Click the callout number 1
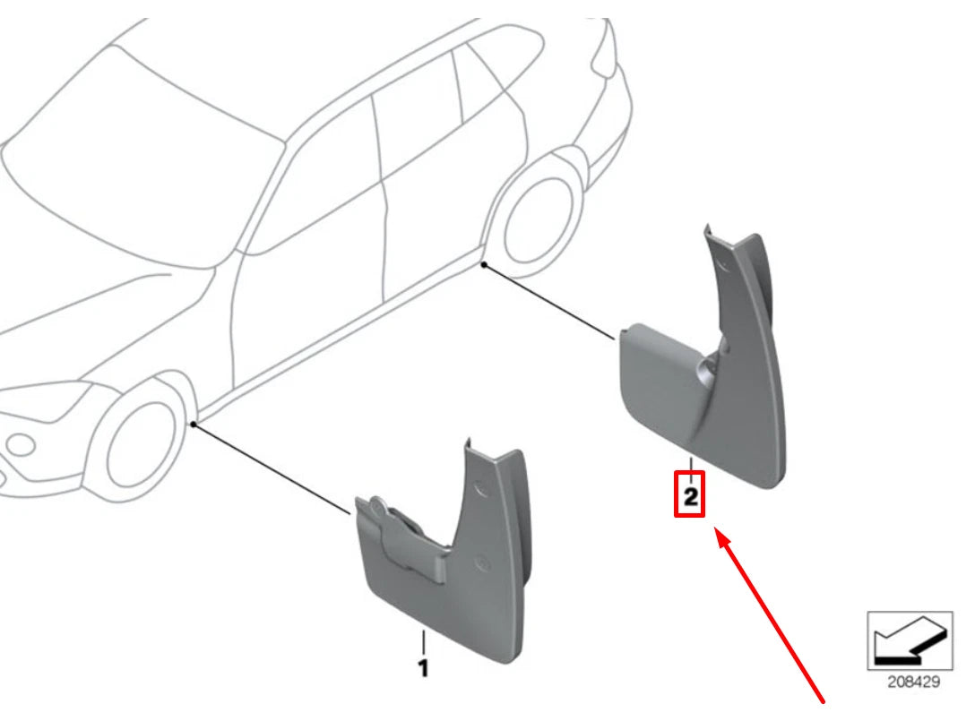[423, 667]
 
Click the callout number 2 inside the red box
[690, 496]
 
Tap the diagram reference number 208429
[913, 682]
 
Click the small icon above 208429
[910, 639]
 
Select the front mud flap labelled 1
[448, 573]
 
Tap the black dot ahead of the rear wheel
[484, 264]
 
